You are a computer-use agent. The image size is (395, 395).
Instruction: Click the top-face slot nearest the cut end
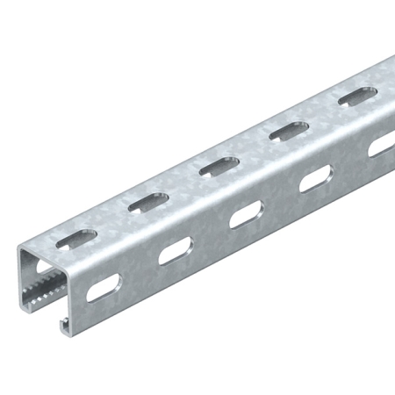(77, 238)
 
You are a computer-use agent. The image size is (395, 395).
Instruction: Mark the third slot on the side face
(246, 216)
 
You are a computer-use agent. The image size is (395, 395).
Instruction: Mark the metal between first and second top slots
(111, 220)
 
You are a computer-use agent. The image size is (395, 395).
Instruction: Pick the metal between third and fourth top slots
(251, 148)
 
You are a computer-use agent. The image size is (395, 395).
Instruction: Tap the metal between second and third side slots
(211, 234)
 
